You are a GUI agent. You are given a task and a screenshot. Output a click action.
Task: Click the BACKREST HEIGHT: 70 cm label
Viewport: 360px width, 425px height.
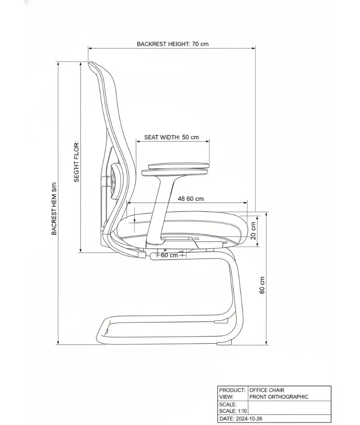click(x=172, y=44)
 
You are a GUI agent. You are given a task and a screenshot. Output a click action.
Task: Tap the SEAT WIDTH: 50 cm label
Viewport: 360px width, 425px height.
click(x=171, y=137)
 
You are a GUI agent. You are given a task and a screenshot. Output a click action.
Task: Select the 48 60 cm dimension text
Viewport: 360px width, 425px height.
click(x=190, y=199)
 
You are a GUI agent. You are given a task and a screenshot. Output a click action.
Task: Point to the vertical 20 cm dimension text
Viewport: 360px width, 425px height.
click(x=253, y=231)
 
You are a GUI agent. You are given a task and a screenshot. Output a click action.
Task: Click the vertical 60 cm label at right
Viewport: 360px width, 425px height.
click(x=262, y=285)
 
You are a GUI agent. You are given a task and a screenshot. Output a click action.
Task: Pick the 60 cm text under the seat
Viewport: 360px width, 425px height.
click(x=170, y=255)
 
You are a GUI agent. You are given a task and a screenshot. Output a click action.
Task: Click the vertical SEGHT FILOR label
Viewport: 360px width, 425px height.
click(x=76, y=161)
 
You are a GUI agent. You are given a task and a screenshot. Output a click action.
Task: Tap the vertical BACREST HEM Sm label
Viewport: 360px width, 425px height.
click(x=54, y=208)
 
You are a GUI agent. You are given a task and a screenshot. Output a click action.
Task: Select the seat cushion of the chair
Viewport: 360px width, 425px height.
click(x=187, y=226)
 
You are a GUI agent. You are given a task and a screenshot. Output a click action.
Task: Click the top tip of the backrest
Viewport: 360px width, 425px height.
click(x=90, y=63)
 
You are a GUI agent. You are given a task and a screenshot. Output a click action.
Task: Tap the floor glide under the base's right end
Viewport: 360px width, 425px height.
click(x=224, y=343)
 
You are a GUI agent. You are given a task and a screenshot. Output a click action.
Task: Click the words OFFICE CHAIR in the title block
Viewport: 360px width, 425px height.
click(x=267, y=390)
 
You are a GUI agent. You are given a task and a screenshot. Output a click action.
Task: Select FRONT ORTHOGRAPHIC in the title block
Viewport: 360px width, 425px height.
click(x=279, y=397)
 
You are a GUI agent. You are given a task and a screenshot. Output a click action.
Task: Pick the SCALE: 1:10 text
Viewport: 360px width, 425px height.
click(x=233, y=411)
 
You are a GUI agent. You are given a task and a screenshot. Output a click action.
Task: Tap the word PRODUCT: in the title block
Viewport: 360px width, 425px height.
click(x=232, y=390)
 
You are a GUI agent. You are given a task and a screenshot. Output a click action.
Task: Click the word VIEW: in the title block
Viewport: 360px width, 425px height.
click(x=226, y=397)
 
